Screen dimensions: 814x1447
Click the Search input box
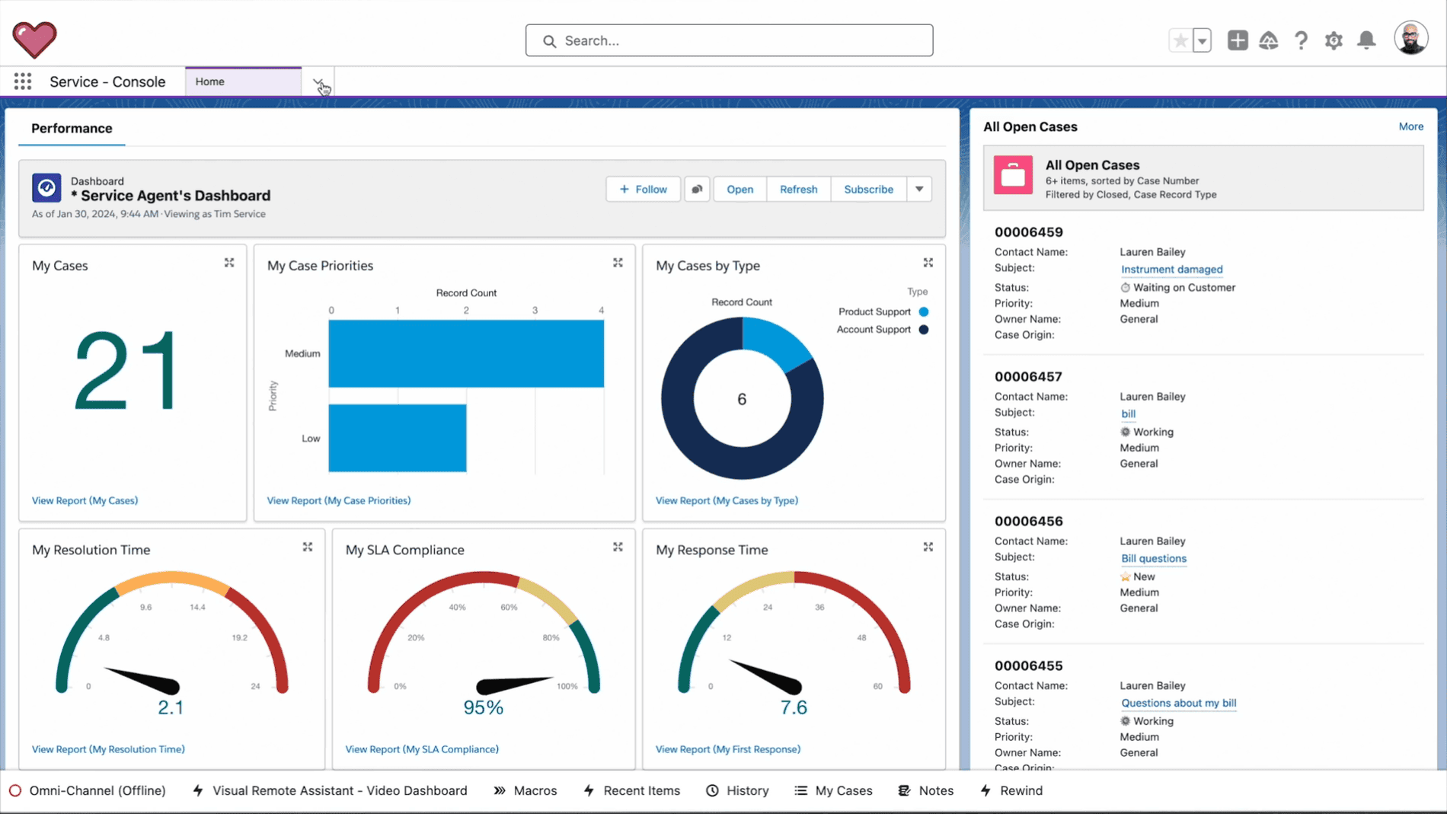point(729,40)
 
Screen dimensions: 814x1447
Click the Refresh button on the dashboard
point(798,189)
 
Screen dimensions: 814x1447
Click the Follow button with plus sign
point(643,189)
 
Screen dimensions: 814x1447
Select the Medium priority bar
point(465,353)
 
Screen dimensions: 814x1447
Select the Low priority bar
point(397,438)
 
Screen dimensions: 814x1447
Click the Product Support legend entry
point(874,311)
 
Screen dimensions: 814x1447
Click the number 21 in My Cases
point(126,372)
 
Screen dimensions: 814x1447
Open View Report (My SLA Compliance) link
point(421,749)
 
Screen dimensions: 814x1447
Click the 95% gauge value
point(483,707)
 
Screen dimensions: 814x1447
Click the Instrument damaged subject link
point(1171,269)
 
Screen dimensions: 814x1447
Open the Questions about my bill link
point(1178,703)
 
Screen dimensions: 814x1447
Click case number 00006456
point(1028,521)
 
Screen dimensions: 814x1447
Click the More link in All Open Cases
point(1410,126)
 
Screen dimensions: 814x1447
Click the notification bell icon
point(1366,40)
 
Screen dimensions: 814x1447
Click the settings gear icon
point(1333,40)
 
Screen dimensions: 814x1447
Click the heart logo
point(34,40)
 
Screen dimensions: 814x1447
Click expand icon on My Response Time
point(928,547)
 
